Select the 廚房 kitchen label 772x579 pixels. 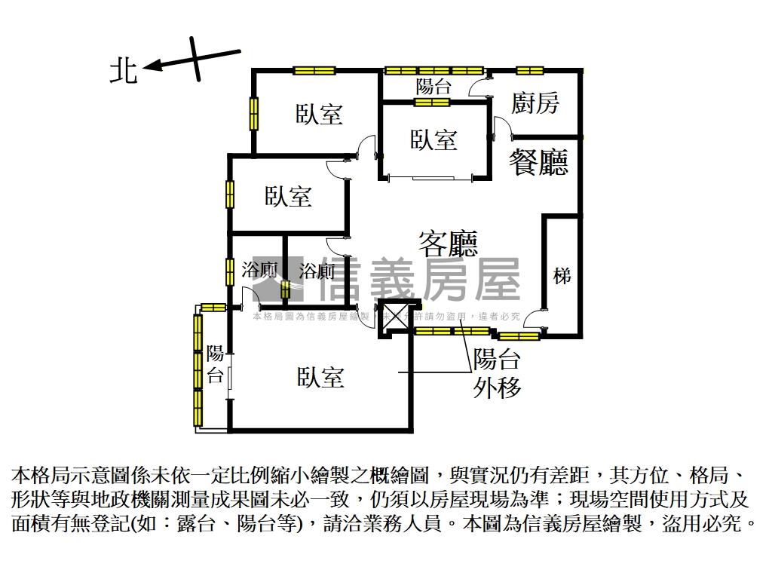tap(535, 103)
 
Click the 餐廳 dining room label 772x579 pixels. tap(538, 162)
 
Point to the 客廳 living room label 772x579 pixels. tap(449, 243)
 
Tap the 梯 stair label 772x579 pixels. tap(562, 276)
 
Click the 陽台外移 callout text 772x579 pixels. tap(498, 373)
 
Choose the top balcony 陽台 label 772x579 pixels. tap(433, 86)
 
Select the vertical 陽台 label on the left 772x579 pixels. tap(216, 364)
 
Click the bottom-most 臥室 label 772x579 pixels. tap(320, 377)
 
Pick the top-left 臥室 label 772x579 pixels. tap(319, 115)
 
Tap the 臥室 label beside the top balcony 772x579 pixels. tap(433, 139)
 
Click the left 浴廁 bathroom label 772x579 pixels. tap(259, 270)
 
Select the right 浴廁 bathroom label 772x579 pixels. tap(317, 271)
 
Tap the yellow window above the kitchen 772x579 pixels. tap(530, 71)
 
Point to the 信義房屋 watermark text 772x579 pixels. tap(419, 280)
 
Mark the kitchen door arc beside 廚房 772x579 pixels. tap(501, 126)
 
